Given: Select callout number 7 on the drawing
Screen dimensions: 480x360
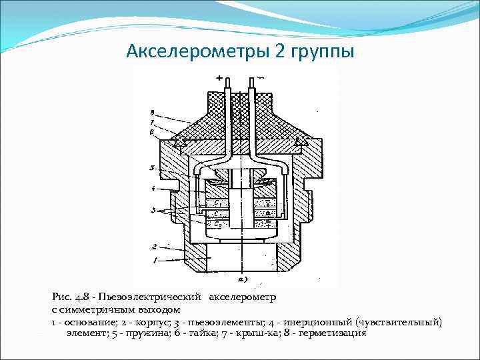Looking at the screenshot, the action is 153,123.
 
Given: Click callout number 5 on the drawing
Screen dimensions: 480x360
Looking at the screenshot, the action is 153,168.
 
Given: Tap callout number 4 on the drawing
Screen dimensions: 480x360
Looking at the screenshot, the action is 153,189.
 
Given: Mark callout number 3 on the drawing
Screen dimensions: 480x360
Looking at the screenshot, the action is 153,210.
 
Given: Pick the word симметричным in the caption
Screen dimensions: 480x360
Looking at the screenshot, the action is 94,310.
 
